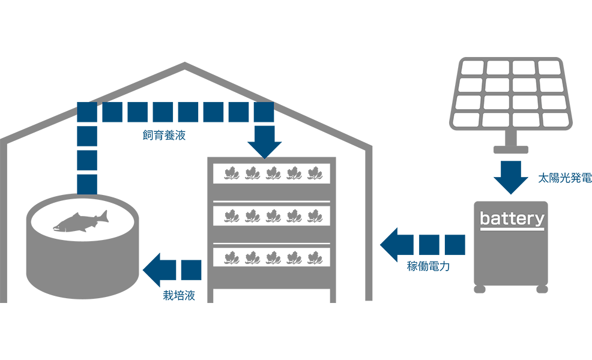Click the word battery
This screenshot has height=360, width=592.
tap(512, 218)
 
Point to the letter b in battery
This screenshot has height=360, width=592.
tap(485, 218)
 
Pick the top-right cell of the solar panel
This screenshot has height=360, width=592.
tap(549, 68)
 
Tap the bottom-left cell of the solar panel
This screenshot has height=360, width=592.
tap(467, 120)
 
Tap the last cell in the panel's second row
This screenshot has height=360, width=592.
tap(551, 85)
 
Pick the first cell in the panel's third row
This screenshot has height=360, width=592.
tap(470, 102)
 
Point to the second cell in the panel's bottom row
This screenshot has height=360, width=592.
tap(497, 120)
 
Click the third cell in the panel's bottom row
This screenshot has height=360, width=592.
tap(527, 120)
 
